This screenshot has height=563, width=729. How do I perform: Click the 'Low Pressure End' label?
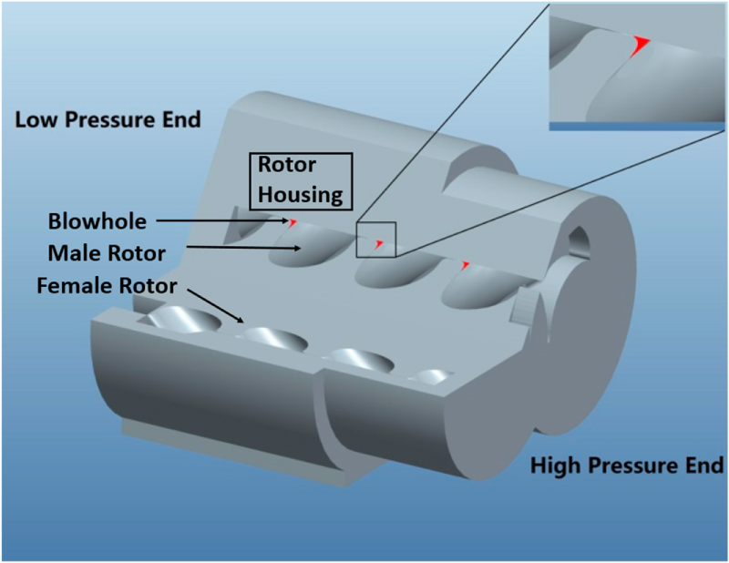tap(108, 120)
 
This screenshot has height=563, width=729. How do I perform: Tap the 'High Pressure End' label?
tap(626, 466)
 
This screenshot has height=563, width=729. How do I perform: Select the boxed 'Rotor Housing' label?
tap(300, 179)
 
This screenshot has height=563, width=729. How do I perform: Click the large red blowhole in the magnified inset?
tap(642, 44)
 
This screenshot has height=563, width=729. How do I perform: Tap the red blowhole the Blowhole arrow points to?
tap(293, 221)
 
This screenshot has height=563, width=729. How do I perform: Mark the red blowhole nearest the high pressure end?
tap(465, 265)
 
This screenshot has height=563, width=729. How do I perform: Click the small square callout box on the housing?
tap(376, 240)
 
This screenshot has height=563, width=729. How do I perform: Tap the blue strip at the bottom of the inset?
tap(639, 128)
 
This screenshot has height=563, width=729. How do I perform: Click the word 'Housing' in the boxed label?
tap(300, 194)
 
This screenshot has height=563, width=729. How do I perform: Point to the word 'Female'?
tap(71, 286)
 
